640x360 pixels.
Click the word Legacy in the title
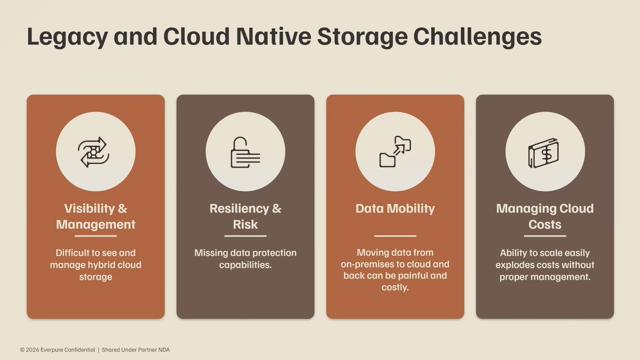click(x=67, y=37)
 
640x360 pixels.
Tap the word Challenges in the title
click(x=477, y=37)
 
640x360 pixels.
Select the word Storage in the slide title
click(x=362, y=37)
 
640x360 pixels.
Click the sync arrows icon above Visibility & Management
click(x=93, y=151)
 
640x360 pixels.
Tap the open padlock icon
click(x=245, y=152)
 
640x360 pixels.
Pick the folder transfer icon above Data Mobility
click(x=395, y=151)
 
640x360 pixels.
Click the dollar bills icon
click(x=543, y=153)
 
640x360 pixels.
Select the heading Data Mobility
click(x=395, y=208)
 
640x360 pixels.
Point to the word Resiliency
click(x=239, y=208)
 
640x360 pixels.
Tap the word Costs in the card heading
click(x=545, y=224)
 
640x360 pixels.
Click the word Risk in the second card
click(x=245, y=224)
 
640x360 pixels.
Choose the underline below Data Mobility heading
click(x=395, y=236)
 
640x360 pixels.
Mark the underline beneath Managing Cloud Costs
click(x=545, y=236)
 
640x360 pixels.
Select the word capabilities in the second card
click(x=245, y=265)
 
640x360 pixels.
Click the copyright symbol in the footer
click(x=22, y=349)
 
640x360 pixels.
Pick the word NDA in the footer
click(x=164, y=349)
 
